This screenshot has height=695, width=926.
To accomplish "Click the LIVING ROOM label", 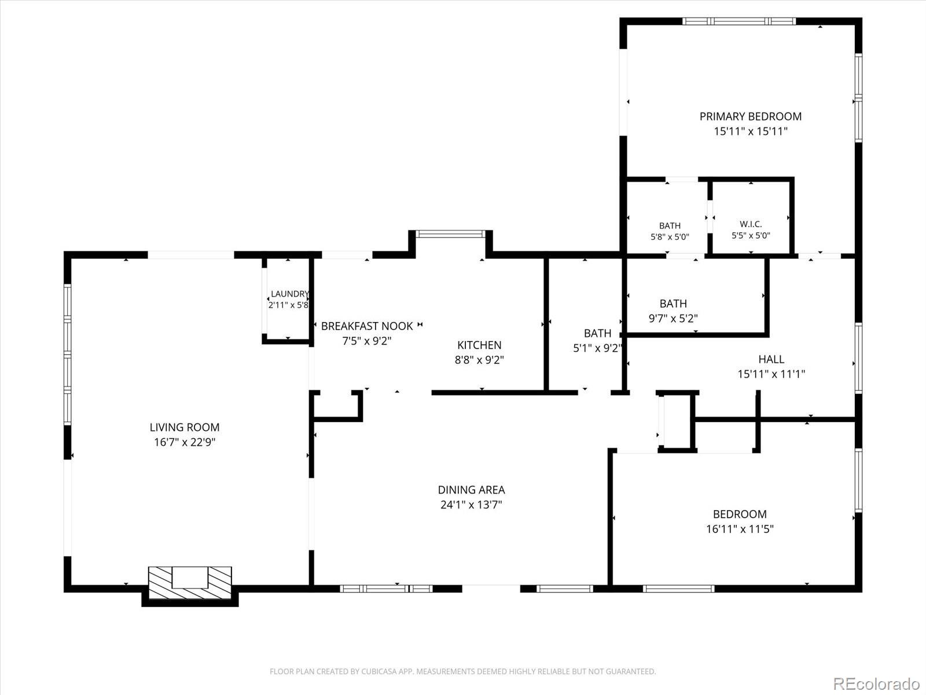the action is [x=185, y=427].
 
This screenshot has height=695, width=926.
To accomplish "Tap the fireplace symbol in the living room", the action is [x=190, y=582].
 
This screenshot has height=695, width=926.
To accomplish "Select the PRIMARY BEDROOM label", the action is [x=751, y=116].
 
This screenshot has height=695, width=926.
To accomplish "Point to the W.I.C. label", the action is [x=751, y=224].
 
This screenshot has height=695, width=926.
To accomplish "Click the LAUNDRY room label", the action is [x=290, y=294].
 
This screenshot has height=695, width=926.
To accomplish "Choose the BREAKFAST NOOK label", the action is [x=367, y=325].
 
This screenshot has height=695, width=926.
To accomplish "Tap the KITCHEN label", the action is [x=479, y=345].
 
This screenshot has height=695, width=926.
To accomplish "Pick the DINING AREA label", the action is [x=471, y=490].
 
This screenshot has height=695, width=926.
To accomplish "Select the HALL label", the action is [x=771, y=359].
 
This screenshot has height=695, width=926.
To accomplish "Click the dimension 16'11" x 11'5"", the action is [x=740, y=529].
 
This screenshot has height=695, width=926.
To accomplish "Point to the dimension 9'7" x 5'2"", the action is [x=673, y=319].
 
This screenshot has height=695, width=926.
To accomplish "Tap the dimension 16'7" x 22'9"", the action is [x=185, y=442].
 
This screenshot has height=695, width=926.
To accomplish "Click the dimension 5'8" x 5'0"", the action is [x=670, y=237].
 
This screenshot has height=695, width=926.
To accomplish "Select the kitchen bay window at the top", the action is [x=450, y=234].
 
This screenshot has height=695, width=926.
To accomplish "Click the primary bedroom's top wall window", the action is [x=739, y=21].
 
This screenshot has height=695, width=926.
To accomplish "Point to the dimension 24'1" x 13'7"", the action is [x=471, y=505].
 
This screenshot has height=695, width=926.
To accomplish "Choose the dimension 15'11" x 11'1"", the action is [x=771, y=374].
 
